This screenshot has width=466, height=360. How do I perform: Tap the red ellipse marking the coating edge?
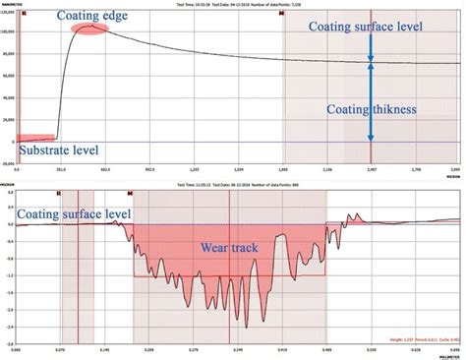[90, 29]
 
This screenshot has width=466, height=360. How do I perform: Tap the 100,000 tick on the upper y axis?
[10, 30]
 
